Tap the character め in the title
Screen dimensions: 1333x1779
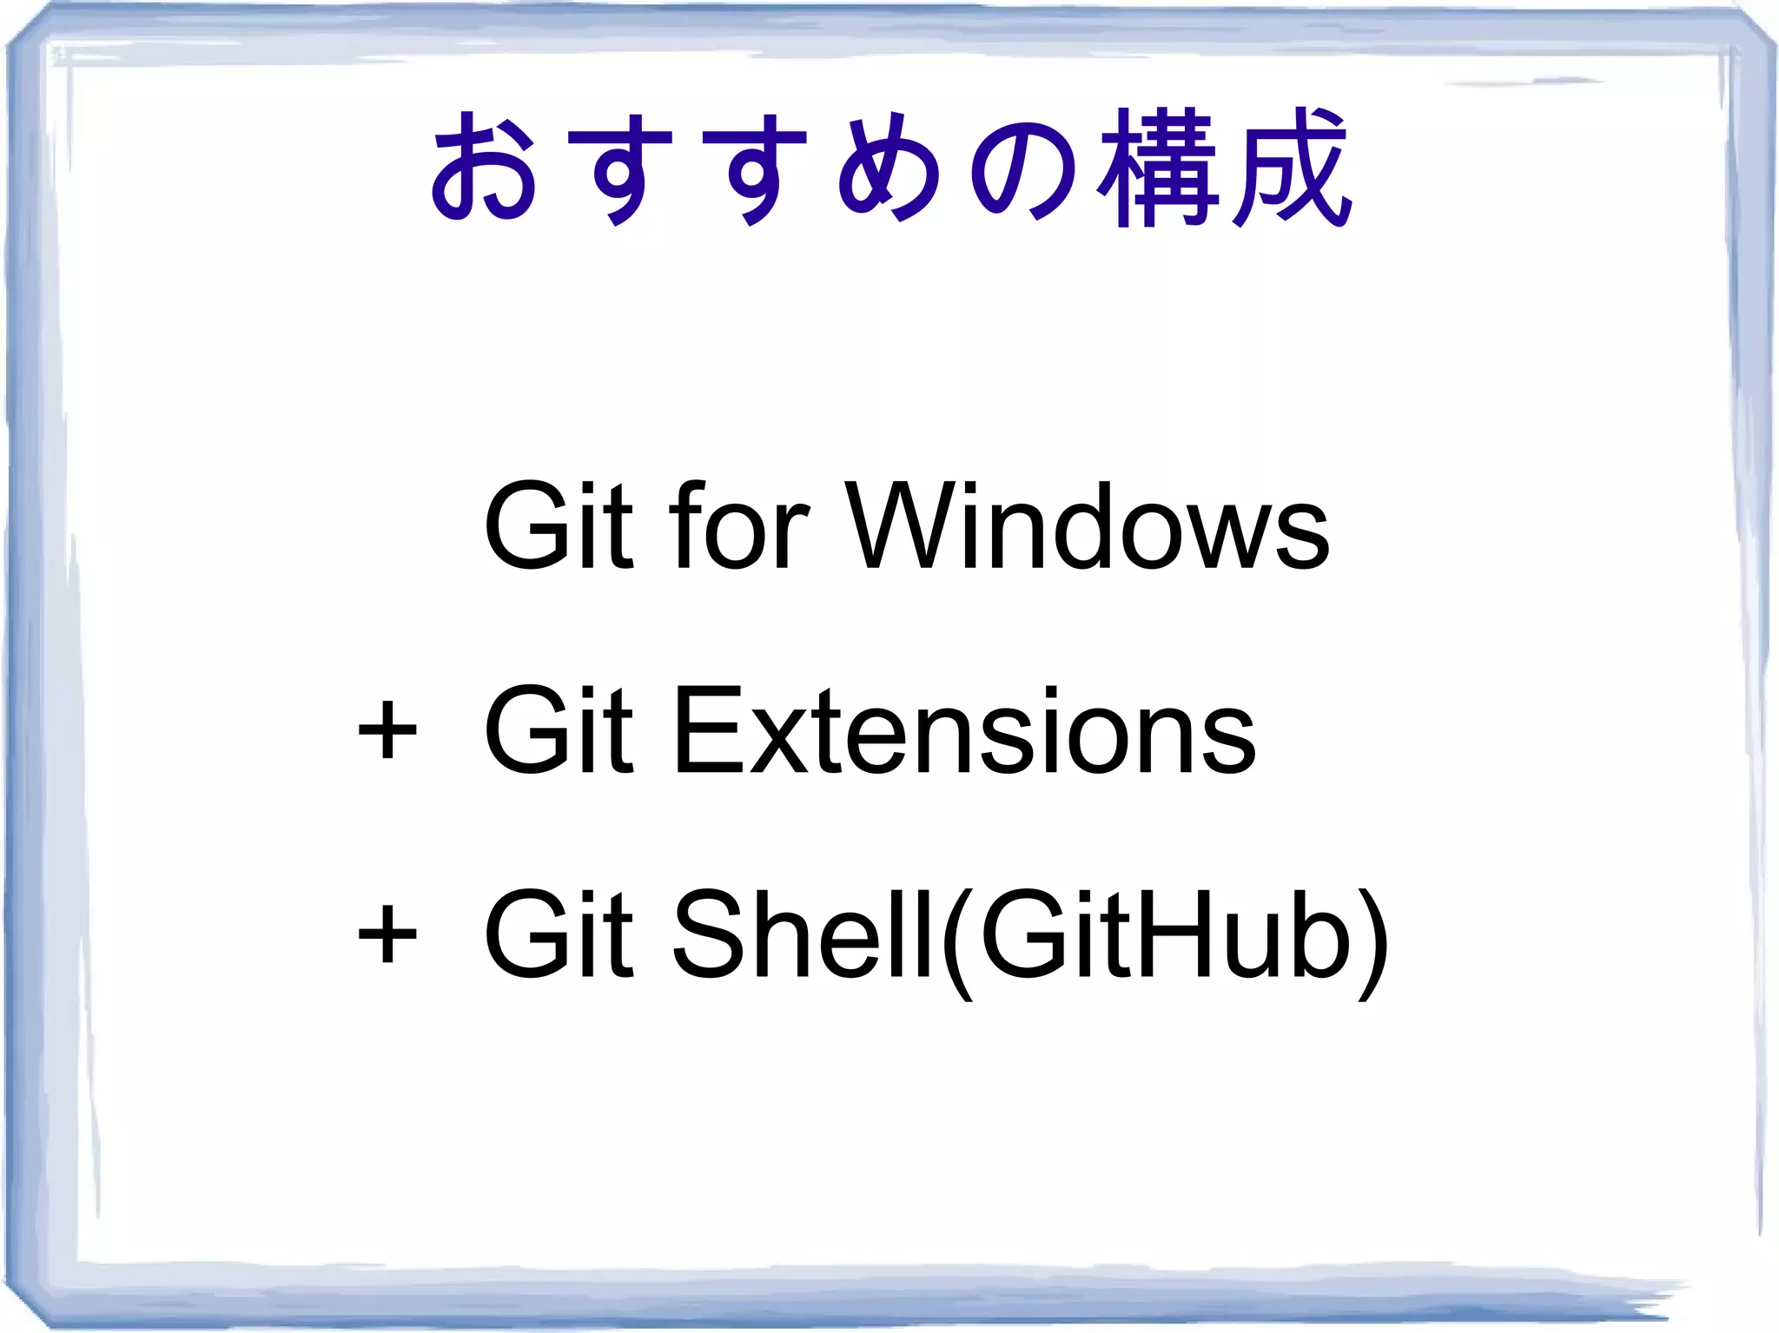pyautogui.click(x=888, y=167)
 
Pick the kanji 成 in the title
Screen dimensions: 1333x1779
pyautogui.click(x=1291, y=167)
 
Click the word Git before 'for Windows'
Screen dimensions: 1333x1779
pyautogui.click(x=558, y=526)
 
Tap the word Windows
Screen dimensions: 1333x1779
pyautogui.click(x=1088, y=526)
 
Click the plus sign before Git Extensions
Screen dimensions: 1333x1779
pyautogui.click(x=387, y=731)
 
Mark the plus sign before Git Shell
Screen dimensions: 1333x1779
pyautogui.click(x=387, y=935)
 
